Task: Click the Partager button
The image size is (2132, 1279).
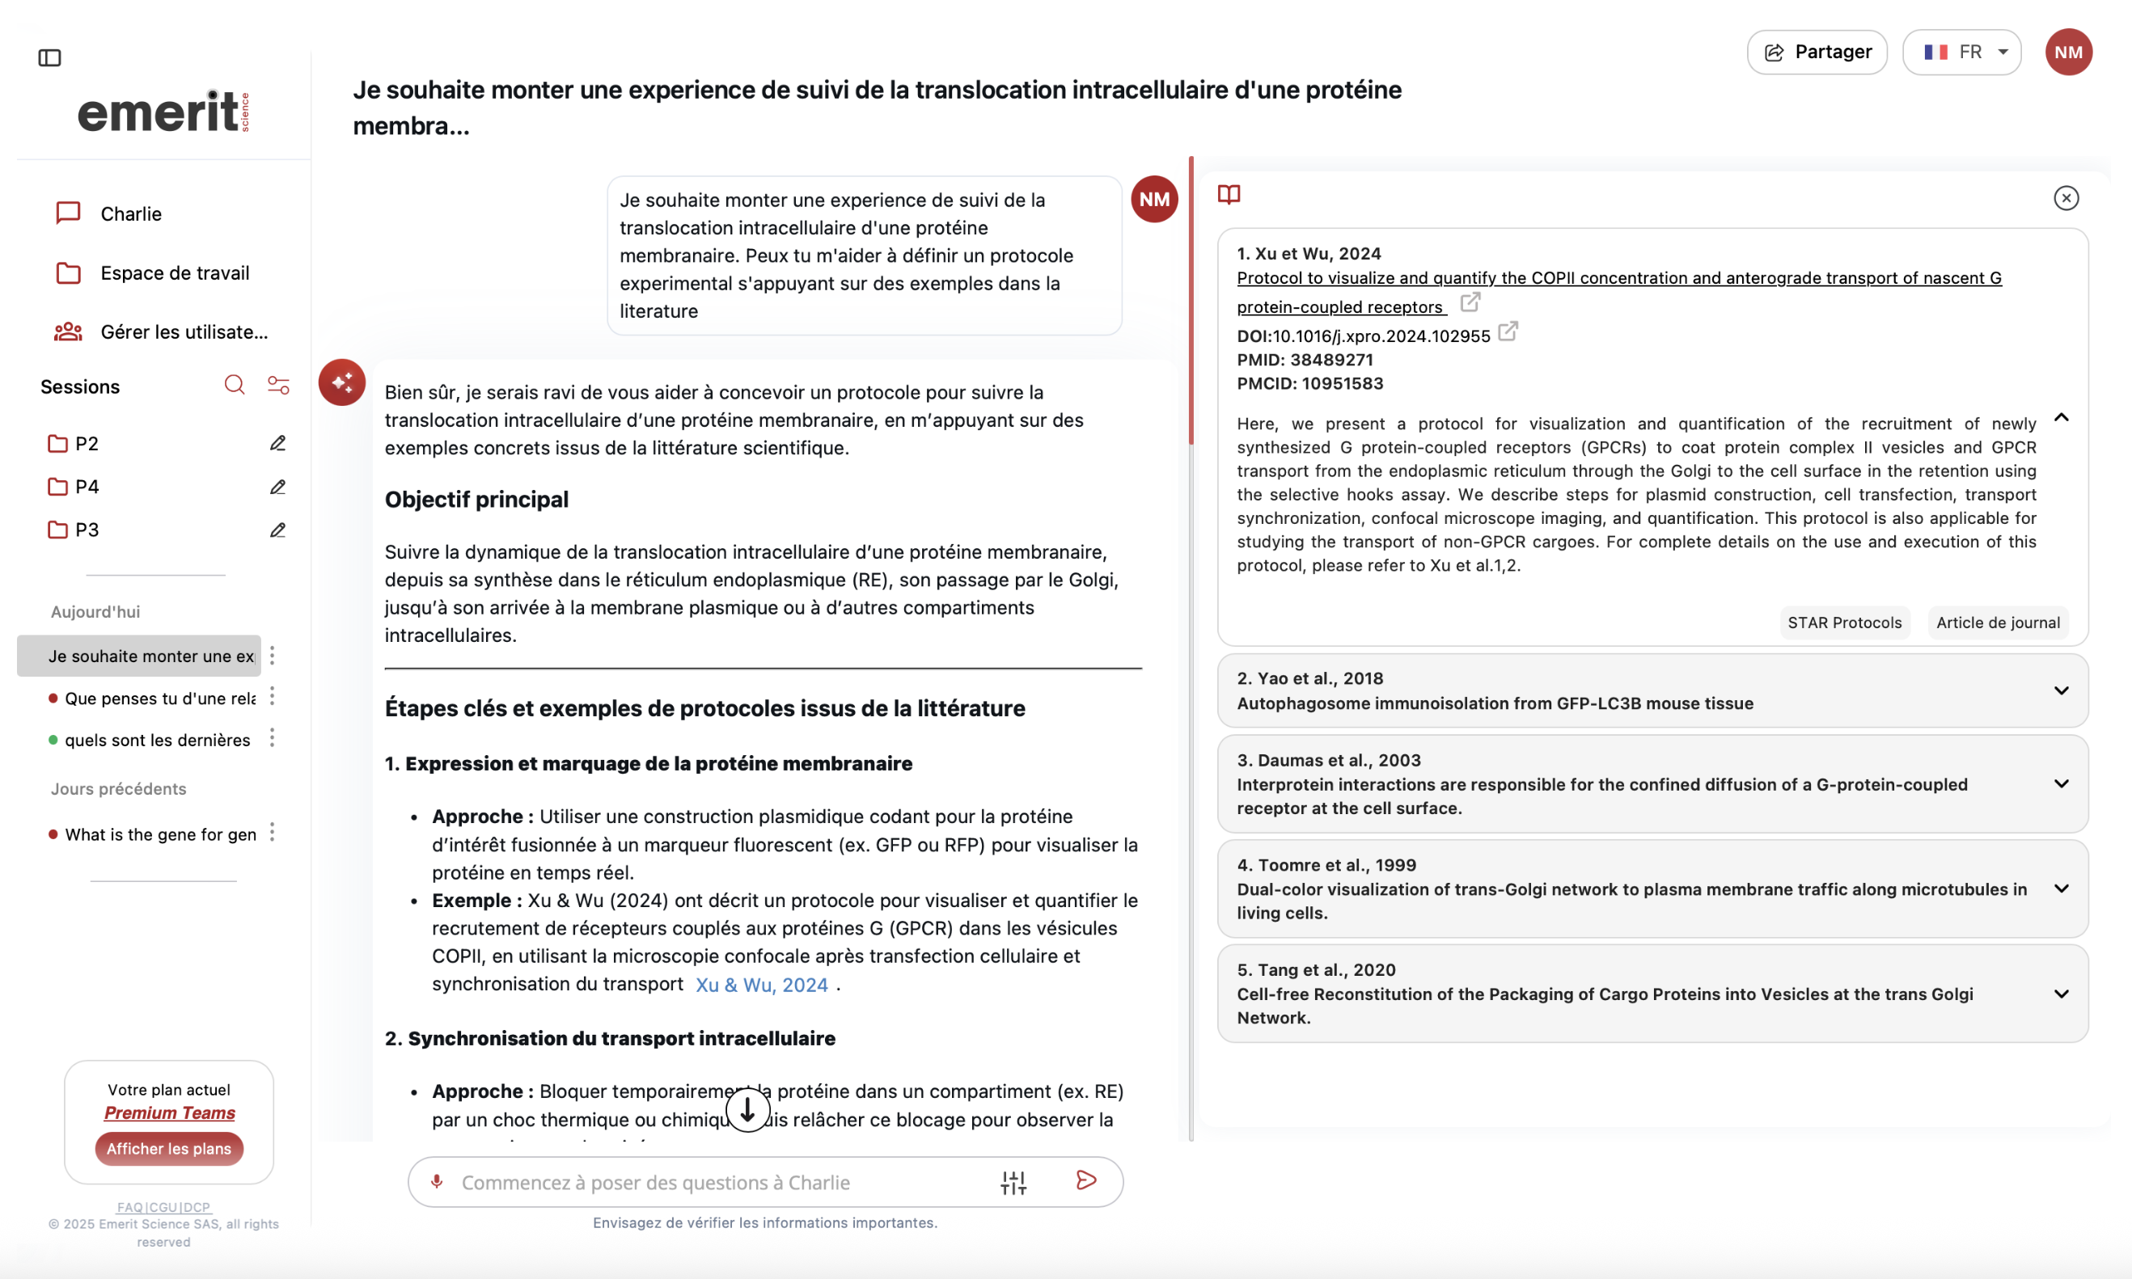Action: point(1817,52)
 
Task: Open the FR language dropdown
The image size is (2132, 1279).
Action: point(1961,52)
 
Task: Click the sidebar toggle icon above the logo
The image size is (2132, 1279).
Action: point(50,57)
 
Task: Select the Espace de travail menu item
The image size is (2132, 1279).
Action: point(174,273)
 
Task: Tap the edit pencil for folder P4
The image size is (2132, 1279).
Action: point(277,487)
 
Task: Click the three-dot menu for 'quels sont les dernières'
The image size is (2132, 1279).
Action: point(273,738)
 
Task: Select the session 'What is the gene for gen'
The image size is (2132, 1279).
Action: point(160,834)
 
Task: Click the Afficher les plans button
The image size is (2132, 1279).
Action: point(169,1148)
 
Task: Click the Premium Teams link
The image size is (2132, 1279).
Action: point(170,1112)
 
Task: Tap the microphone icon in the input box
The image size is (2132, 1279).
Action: point(437,1182)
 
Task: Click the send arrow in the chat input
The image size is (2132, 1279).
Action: point(1086,1180)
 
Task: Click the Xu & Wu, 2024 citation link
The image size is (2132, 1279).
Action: point(761,985)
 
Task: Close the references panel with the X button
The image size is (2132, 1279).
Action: point(2066,198)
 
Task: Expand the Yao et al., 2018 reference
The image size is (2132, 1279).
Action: point(2061,690)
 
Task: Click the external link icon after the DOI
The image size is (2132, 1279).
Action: point(1508,331)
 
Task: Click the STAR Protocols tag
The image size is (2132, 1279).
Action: point(1844,623)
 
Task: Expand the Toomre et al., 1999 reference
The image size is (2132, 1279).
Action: point(2061,889)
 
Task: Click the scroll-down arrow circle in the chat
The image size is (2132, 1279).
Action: point(747,1109)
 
